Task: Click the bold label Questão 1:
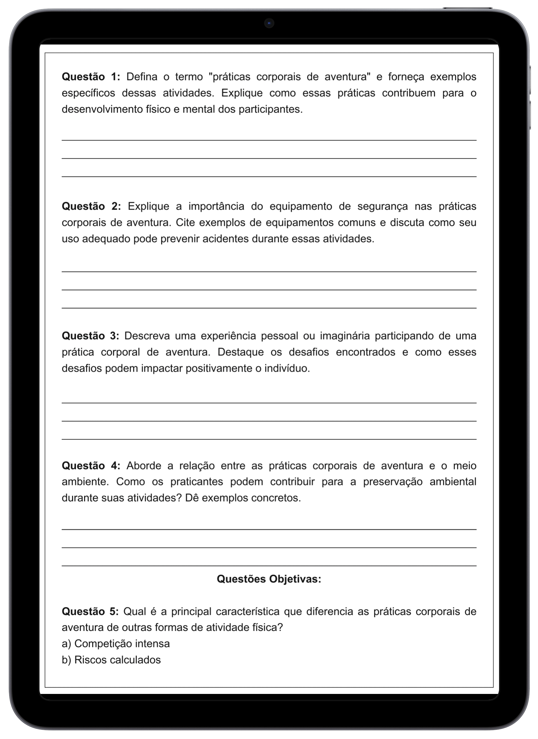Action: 91,77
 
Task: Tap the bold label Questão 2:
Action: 91,206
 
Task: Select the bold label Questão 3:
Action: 91,336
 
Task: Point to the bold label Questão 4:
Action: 91,466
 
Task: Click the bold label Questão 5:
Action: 91,611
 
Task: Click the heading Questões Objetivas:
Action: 269,579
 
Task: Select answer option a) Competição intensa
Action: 116,644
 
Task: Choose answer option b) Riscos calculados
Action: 111,660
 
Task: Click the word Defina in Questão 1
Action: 142,77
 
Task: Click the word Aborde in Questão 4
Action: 143,466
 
